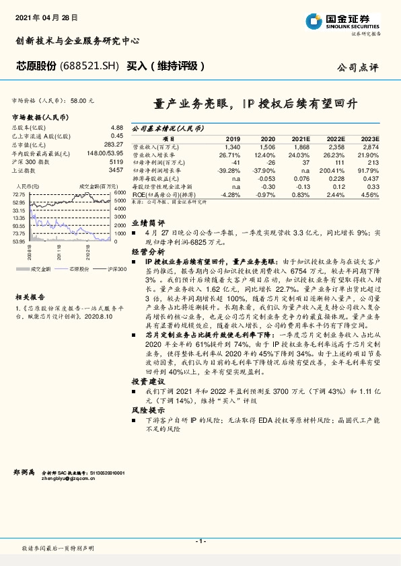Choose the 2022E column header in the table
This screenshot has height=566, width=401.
336,138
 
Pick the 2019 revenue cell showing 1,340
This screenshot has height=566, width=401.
233,146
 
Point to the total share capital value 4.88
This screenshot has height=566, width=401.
116,126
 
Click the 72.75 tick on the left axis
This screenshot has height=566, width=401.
18,194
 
